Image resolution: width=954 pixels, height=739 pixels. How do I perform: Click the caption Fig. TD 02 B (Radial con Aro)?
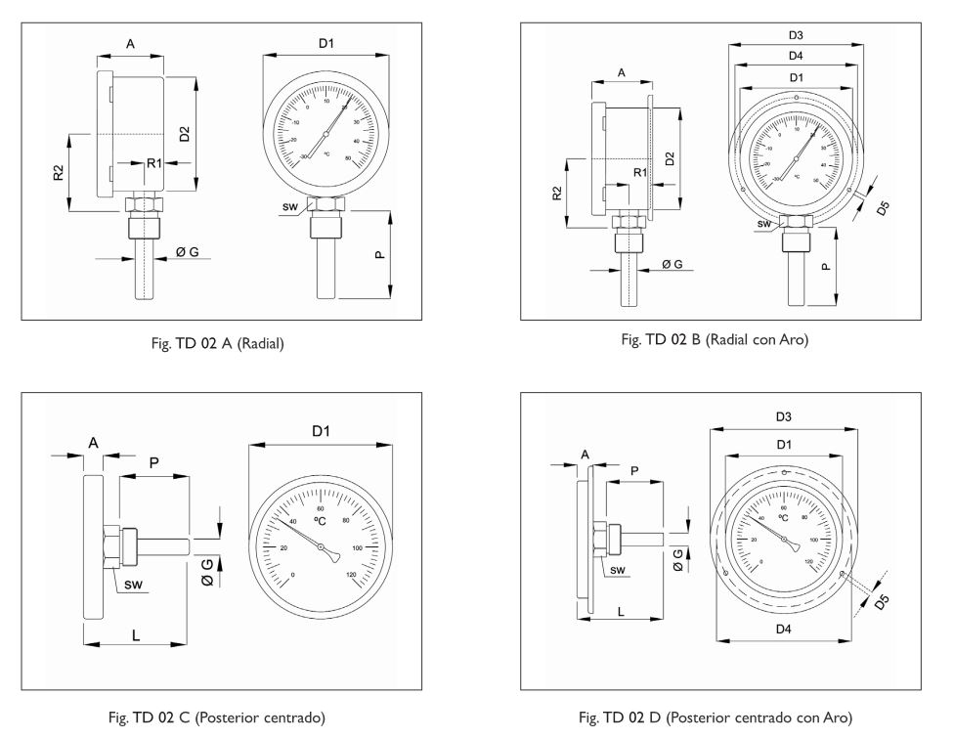[x=715, y=339]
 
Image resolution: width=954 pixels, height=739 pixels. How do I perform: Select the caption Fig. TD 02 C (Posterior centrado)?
[x=221, y=718]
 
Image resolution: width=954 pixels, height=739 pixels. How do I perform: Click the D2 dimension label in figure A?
[x=185, y=134]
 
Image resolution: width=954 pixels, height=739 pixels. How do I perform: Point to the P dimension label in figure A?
[x=379, y=256]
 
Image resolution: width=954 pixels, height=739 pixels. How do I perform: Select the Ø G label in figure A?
[x=188, y=252]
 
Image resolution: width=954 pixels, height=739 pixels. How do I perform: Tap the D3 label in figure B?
[x=796, y=36]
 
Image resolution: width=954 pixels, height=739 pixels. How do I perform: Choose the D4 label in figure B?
[x=796, y=56]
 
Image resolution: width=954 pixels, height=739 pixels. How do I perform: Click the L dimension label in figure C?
[x=136, y=634]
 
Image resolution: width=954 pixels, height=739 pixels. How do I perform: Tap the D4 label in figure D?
[x=783, y=630]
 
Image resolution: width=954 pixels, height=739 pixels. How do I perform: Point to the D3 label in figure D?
[x=783, y=417]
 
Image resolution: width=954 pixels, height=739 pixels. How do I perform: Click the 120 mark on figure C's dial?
[x=352, y=575]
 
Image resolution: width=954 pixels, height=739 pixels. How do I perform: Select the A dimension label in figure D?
[x=585, y=455]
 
